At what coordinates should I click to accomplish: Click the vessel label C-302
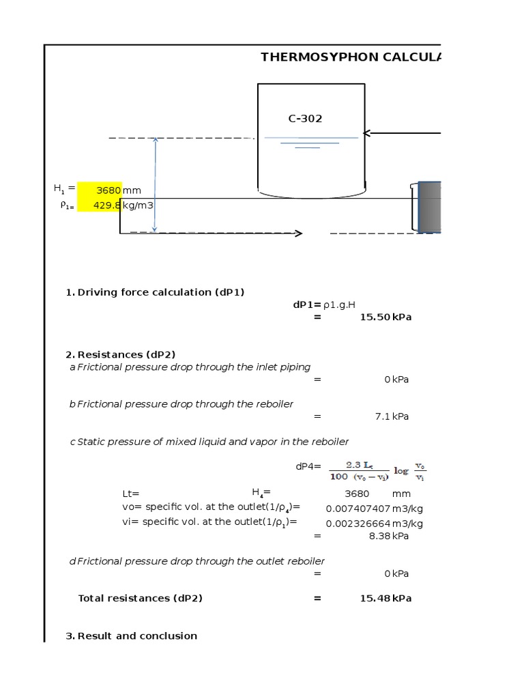click(x=305, y=119)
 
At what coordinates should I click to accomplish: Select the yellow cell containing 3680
click(x=100, y=190)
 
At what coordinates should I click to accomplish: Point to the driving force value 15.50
click(x=375, y=317)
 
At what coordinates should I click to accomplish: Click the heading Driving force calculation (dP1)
click(x=160, y=292)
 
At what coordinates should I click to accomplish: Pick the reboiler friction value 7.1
click(x=382, y=416)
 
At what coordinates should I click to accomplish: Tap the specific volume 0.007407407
click(x=358, y=509)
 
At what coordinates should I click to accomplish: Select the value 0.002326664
click(x=358, y=524)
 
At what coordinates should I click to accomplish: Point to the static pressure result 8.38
click(x=379, y=537)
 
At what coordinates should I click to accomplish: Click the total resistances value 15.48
click(x=375, y=599)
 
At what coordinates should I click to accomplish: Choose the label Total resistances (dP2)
click(x=140, y=599)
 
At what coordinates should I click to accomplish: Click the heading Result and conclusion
click(x=137, y=636)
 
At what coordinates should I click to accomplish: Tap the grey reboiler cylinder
click(x=430, y=207)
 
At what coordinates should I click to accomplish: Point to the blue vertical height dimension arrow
click(x=156, y=185)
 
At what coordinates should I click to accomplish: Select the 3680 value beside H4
click(x=357, y=494)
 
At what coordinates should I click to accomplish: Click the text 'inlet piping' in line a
click(x=283, y=367)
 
